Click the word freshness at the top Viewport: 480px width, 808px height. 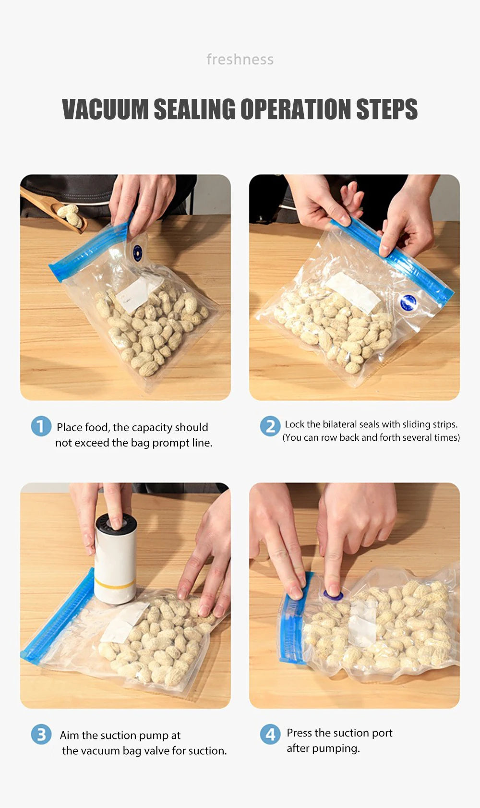[x=240, y=60]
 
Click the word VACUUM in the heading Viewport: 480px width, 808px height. [x=105, y=109]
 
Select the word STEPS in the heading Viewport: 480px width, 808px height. [x=386, y=109]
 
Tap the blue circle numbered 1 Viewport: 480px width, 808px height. [x=41, y=426]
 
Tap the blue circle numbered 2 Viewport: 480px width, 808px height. [x=270, y=426]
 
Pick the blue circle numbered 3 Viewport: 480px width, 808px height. [x=41, y=735]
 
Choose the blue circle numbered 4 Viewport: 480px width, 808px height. [x=270, y=735]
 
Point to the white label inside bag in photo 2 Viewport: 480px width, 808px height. [x=353, y=292]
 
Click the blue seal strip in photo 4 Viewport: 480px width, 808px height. [x=294, y=619]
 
